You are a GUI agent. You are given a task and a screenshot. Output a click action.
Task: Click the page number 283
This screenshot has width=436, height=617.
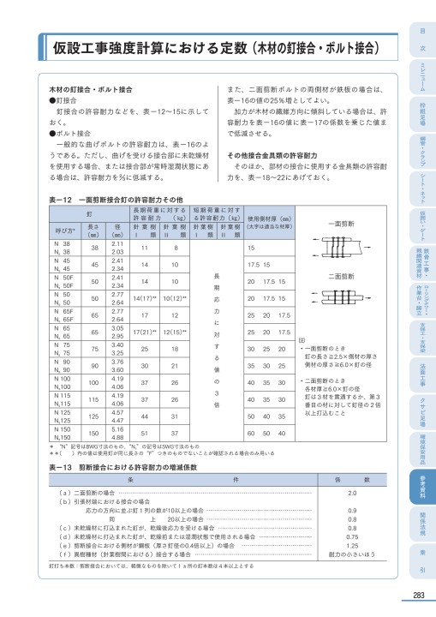coord(416,596)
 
